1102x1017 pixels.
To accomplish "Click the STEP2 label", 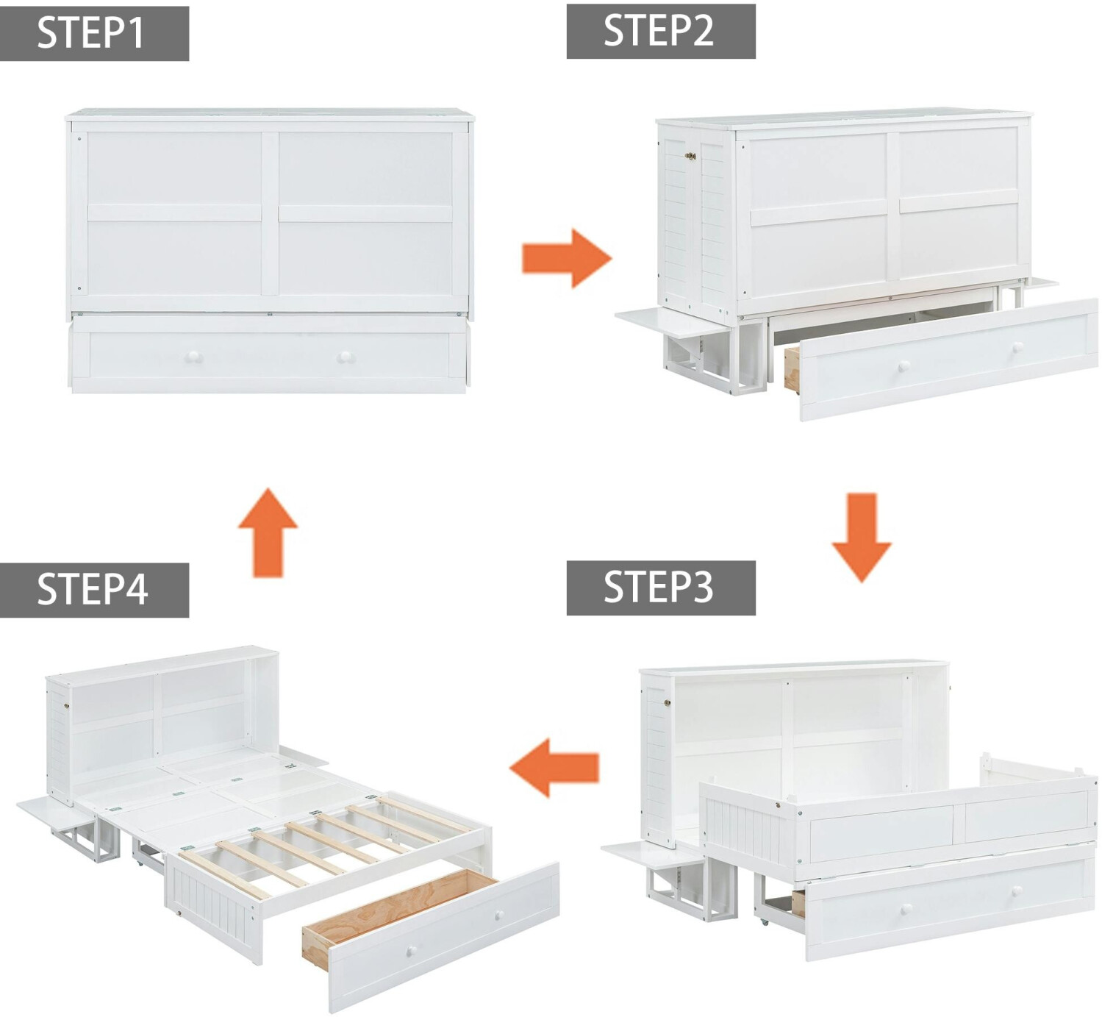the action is pyautogui.click(x=659, y=31).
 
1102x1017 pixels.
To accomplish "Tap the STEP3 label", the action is pyautogui.click(x=659, y=588).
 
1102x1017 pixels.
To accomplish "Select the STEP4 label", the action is pyautogui.click(x=93, y=590).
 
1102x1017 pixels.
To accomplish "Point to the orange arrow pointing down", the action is pyautogui.click(x=862, y=537).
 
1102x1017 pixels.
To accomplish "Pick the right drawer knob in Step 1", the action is pyautogui.click(x=345, y=357).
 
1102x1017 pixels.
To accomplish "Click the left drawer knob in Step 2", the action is pyautogui.click(x=904, y=365).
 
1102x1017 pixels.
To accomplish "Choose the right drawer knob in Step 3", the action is pyautogui.click(x=1018, y=891).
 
